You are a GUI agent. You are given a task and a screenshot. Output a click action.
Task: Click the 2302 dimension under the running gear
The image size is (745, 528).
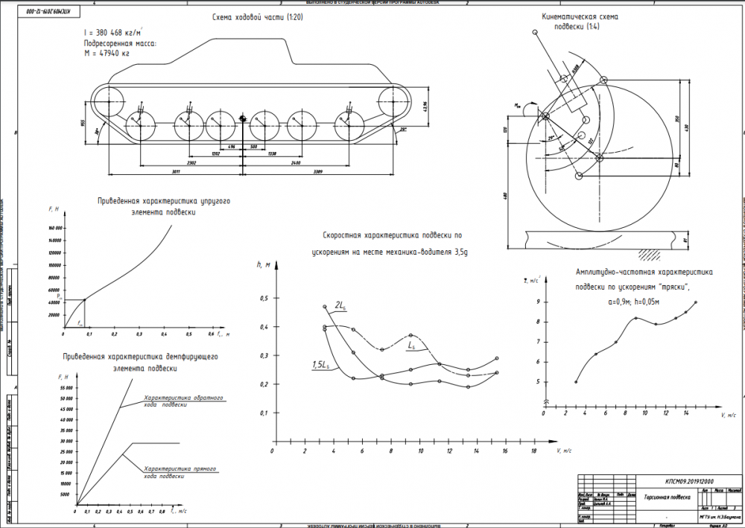pos(171,161)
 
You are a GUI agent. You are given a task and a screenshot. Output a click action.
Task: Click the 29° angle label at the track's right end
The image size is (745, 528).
pos(403,130)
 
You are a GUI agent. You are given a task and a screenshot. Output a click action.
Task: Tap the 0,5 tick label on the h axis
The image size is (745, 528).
pos(261,299)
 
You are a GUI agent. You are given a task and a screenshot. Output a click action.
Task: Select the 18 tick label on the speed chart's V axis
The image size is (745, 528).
pos(534,451)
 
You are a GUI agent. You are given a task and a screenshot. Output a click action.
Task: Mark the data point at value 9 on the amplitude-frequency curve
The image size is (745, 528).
pos(695,302)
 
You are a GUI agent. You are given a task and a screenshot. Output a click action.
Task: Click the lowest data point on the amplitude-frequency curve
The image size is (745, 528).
pos(576,382)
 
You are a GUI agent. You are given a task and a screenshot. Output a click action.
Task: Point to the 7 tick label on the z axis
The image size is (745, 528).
pos(539,342)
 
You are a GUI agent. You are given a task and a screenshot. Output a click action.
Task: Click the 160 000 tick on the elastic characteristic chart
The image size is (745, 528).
pos(53,229)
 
